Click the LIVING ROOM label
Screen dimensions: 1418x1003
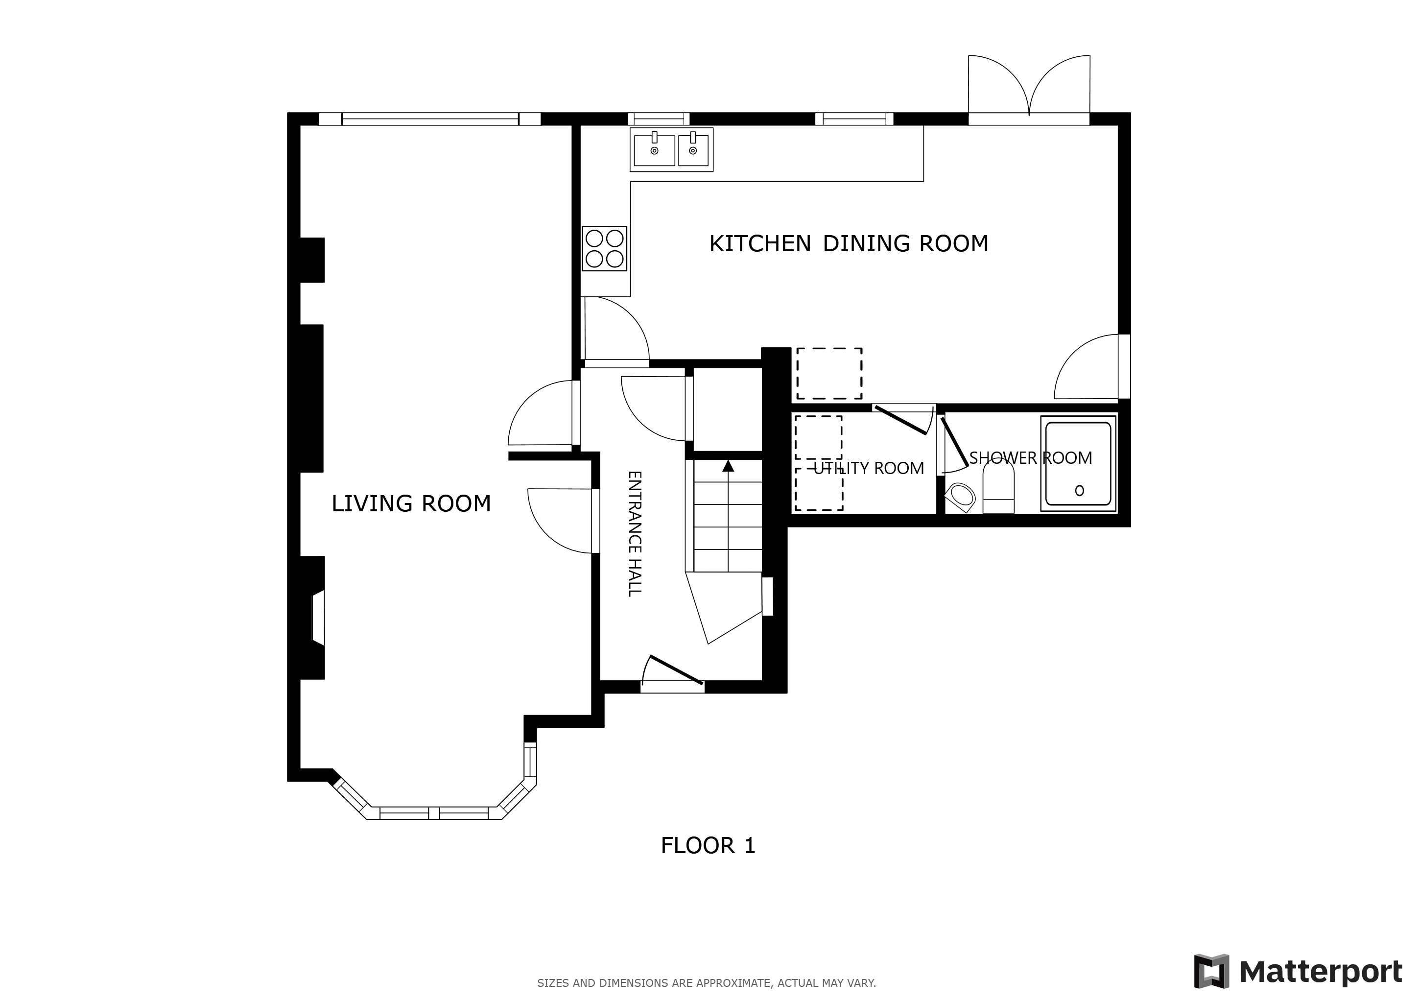point(411,503)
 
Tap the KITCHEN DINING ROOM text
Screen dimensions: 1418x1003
point(849,243)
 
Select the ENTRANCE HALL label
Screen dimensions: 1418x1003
point(635,534)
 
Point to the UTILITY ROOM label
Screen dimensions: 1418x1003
point(868,468)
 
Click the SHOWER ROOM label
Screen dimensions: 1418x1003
point(1030,457)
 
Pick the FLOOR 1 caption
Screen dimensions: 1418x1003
point(708,845)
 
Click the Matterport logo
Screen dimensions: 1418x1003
point(1298,972)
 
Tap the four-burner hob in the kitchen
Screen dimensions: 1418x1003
point(605,248)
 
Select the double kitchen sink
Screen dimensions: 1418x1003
point(672,149)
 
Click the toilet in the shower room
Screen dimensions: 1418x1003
point(998,488)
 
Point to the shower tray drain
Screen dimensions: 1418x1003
point(1080,490)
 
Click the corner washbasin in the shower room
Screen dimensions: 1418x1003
point(960,497)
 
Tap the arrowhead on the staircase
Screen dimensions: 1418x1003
point(728,466)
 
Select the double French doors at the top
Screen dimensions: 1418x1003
point(1029,87)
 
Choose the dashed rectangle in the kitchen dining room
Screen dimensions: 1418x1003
point(829,374)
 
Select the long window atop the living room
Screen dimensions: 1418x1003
point(430,119)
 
